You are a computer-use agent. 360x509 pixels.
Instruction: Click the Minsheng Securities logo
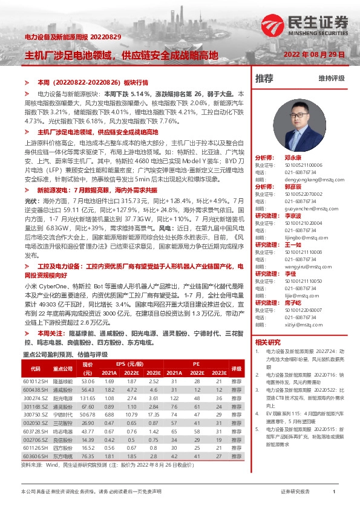(x=306, y=24)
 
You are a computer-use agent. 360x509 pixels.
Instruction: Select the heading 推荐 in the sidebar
(x=264, y=78)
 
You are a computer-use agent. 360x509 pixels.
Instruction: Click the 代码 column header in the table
(x=35, y=368)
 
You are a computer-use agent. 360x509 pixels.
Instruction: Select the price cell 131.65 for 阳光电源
(x=88, y=398)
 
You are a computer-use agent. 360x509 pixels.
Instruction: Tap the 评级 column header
(x=236, y=368)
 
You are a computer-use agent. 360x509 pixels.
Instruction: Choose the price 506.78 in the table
(x=88, y=415)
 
